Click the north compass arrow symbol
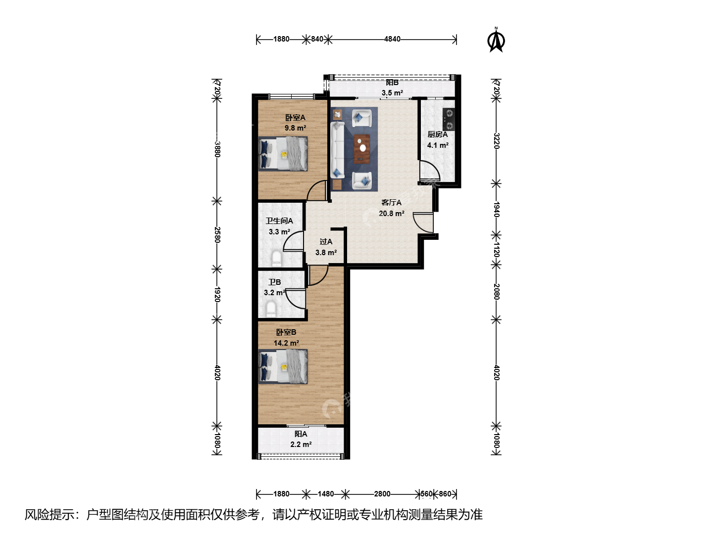coord(496,40)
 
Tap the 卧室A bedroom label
coord(295,118)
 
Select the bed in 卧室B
coord(283,367)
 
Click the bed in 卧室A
coord(283,154)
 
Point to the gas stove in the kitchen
coord(449,119)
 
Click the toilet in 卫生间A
coord(276,259)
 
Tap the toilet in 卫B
coord(270,309)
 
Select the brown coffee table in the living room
coord(362,149)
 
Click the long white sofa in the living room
coord(338,150)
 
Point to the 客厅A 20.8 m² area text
coord(392,208)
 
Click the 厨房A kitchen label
coord(438,134)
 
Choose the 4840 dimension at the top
coord(392,39)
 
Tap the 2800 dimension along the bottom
coord(382,494)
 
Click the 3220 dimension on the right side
coord(496,141)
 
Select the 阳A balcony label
coord(301,434)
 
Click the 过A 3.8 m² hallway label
coord(326,247)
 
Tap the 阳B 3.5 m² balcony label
coord(392,88)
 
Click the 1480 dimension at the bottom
coord(325,494)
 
